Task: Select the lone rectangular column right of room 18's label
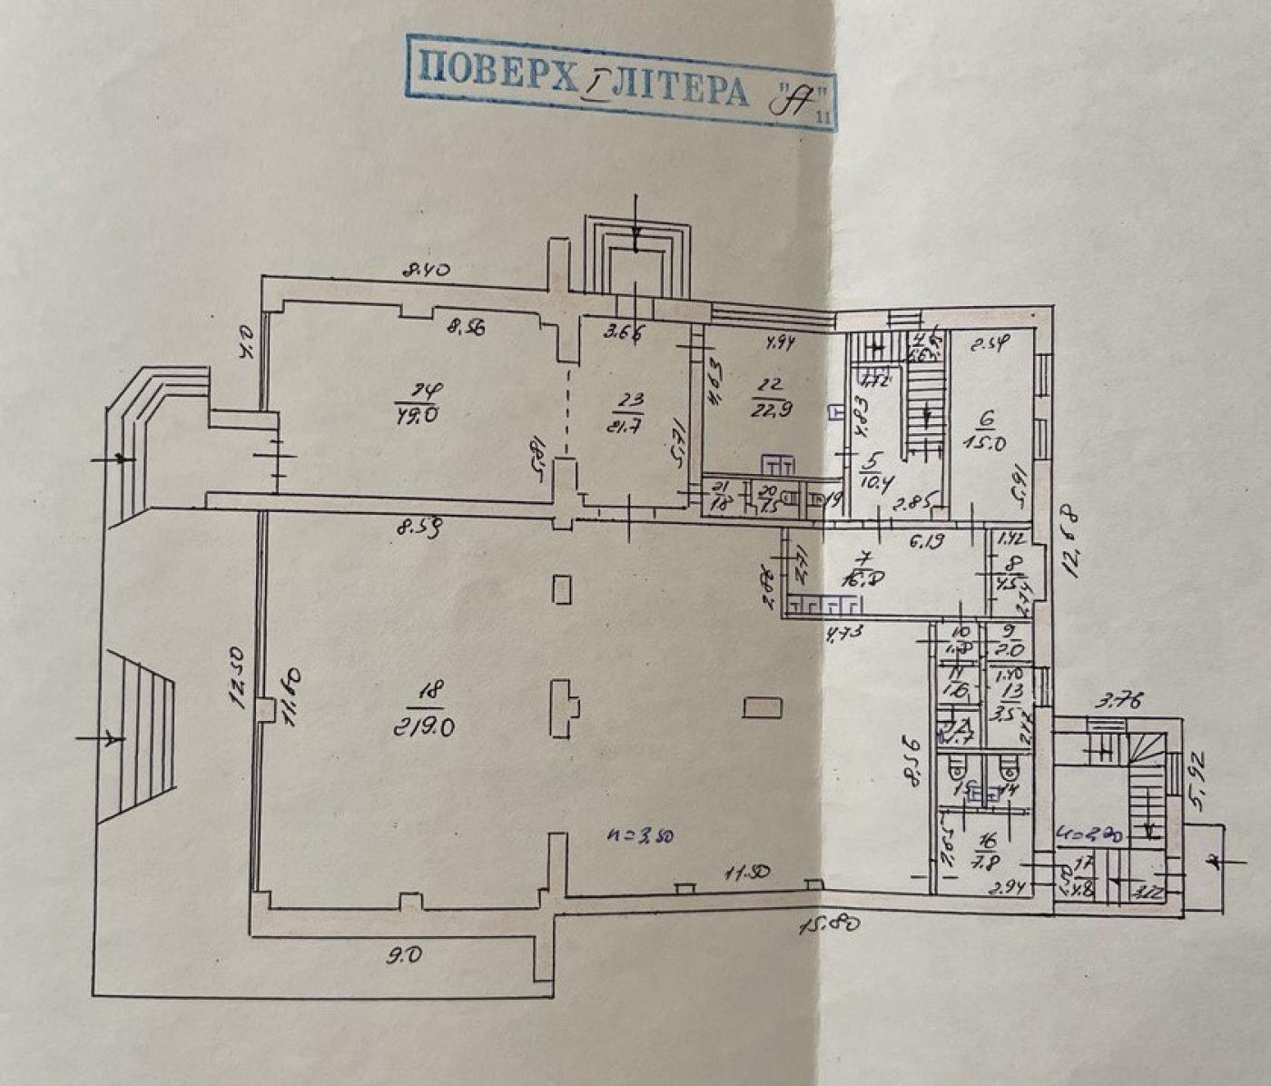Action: tap(761, 706)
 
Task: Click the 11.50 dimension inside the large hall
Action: tap(746, 874)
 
